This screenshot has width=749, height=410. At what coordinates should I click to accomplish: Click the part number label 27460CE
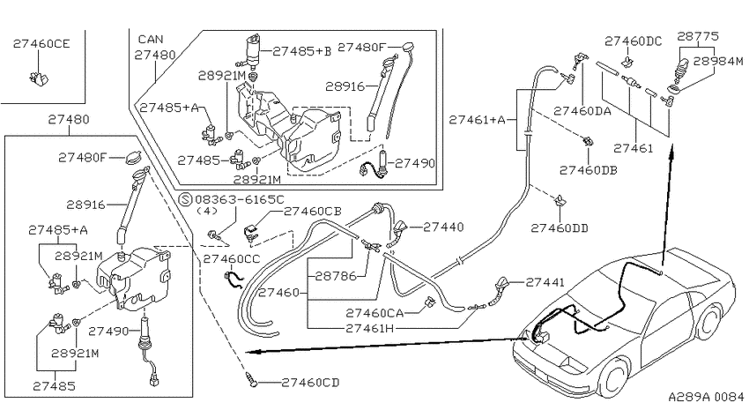(41, 43)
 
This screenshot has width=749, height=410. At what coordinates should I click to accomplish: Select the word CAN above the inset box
(151, 39)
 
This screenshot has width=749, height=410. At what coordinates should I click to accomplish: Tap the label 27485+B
(302, 51)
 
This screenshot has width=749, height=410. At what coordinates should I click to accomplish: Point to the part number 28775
(698, 36)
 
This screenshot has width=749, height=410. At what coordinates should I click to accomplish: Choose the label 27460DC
(634, 41)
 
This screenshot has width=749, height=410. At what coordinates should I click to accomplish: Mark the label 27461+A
(477, 119)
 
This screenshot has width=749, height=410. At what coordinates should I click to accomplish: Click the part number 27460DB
(589, 170)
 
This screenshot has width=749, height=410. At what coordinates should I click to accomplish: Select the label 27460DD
(560, 228)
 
